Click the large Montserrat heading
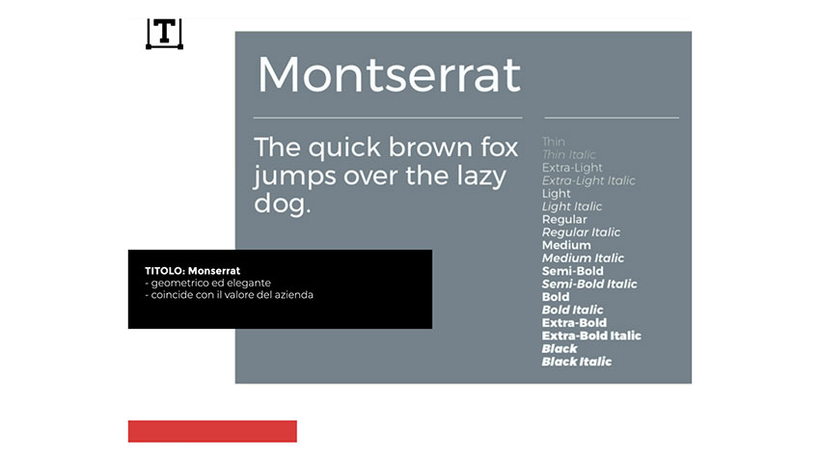click(x=389, y=74)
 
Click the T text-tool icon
click(x=164, y=34)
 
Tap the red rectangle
click(x=212, y=431)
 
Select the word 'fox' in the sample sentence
click(x=500, y=147)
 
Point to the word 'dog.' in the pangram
click(x=282, y=203)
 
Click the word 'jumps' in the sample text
click(x=294, y=176)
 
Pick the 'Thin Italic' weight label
click(x=568, y=154)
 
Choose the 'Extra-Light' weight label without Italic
click(x=572, y=168)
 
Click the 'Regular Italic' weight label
click(x=581, y=232)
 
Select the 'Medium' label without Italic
click(x=566, y=245)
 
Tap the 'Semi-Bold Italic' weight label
click(x=589, y=284)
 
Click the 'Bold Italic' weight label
click(x=572, y=310)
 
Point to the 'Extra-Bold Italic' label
click(x=591, y=336)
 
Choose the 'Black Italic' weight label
click(x=576, y=362)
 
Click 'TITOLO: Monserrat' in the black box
click(x=192, y=271)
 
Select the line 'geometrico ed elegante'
click(x=210, y=283)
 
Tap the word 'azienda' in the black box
click(x=295, y=295)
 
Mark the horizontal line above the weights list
click(x=612, y=118)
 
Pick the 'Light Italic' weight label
click(x=572, y=206)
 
